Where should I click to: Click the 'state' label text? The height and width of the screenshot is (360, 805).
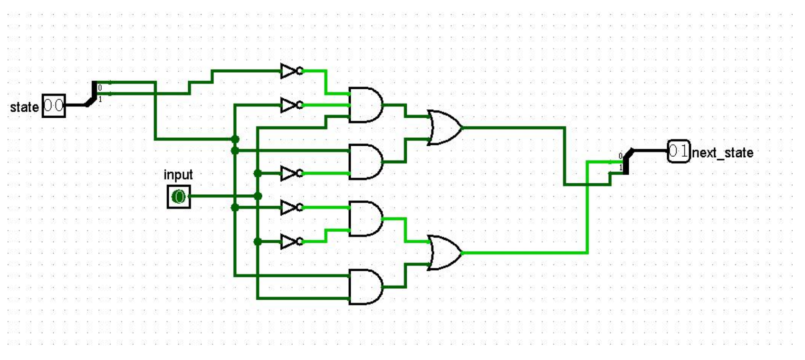point(24,107)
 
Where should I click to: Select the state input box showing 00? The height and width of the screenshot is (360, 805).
point(54,105)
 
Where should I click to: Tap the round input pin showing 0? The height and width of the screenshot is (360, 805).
point(179,197)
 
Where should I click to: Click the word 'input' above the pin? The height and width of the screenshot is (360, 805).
point(178,175)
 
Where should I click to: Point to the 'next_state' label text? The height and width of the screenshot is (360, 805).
point(722,153)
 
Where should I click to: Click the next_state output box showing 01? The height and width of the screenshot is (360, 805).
point(679,151)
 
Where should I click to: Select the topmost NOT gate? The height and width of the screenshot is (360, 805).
point(292,71)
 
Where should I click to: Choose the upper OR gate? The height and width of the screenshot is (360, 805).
point(445,128)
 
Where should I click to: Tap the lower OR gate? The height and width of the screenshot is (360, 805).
point(445,253)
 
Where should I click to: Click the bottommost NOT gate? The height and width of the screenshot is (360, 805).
point(292,242)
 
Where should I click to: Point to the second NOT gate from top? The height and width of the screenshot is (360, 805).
point(292,105)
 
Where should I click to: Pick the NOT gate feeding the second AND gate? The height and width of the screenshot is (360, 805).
point(292,173)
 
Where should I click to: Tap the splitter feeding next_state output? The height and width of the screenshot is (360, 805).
point(626,161)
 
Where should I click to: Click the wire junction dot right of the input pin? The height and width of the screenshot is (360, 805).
point(258,196)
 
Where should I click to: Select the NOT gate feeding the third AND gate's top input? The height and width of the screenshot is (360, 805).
point(292,207)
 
